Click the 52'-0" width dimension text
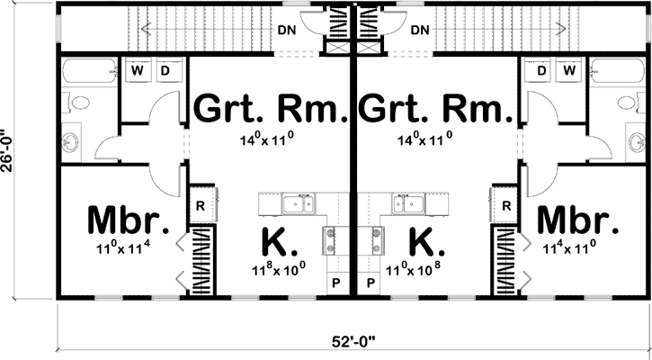(351, 341)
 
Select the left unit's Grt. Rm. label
(271, 110)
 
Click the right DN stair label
(420, 29)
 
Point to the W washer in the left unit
(140, 70)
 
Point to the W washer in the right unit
(568, 70)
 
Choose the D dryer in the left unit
(165, 70)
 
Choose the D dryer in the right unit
(542, 70)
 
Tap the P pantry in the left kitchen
(335, 282)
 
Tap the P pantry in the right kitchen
(371, 282)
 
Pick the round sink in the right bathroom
(636, 140)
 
